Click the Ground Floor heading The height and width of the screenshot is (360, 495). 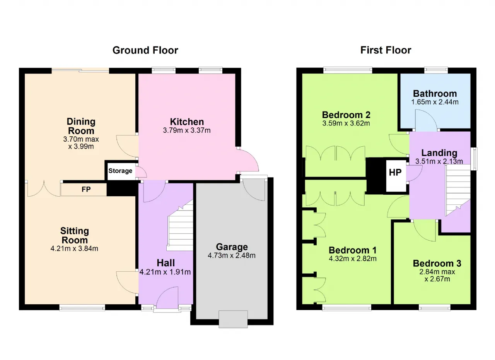[145, 50]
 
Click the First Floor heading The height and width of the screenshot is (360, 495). [386, 50]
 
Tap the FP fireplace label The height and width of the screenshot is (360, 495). [86, 189]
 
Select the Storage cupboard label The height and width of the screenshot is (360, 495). [120, 171]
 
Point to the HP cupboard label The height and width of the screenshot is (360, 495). [395, 173]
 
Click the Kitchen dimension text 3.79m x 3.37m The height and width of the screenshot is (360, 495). [187, 130]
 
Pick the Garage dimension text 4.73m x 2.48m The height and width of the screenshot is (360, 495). [232, 255]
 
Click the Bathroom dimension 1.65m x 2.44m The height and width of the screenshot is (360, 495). [435, 102]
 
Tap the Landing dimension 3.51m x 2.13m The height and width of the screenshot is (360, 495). [439, 161]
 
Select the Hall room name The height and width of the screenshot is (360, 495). [166, 263]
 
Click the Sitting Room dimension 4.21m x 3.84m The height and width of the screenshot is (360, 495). [74, 249]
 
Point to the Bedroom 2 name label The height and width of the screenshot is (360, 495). [346, 115]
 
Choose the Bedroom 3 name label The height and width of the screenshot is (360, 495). [437, 263]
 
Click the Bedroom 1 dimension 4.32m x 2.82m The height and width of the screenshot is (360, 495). [352, 259]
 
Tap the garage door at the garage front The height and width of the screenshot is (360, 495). [233, 319]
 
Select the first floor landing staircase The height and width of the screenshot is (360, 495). [457, 190]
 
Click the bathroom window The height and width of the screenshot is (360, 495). [436, 70]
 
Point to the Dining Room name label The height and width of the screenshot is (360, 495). [81, 126]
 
